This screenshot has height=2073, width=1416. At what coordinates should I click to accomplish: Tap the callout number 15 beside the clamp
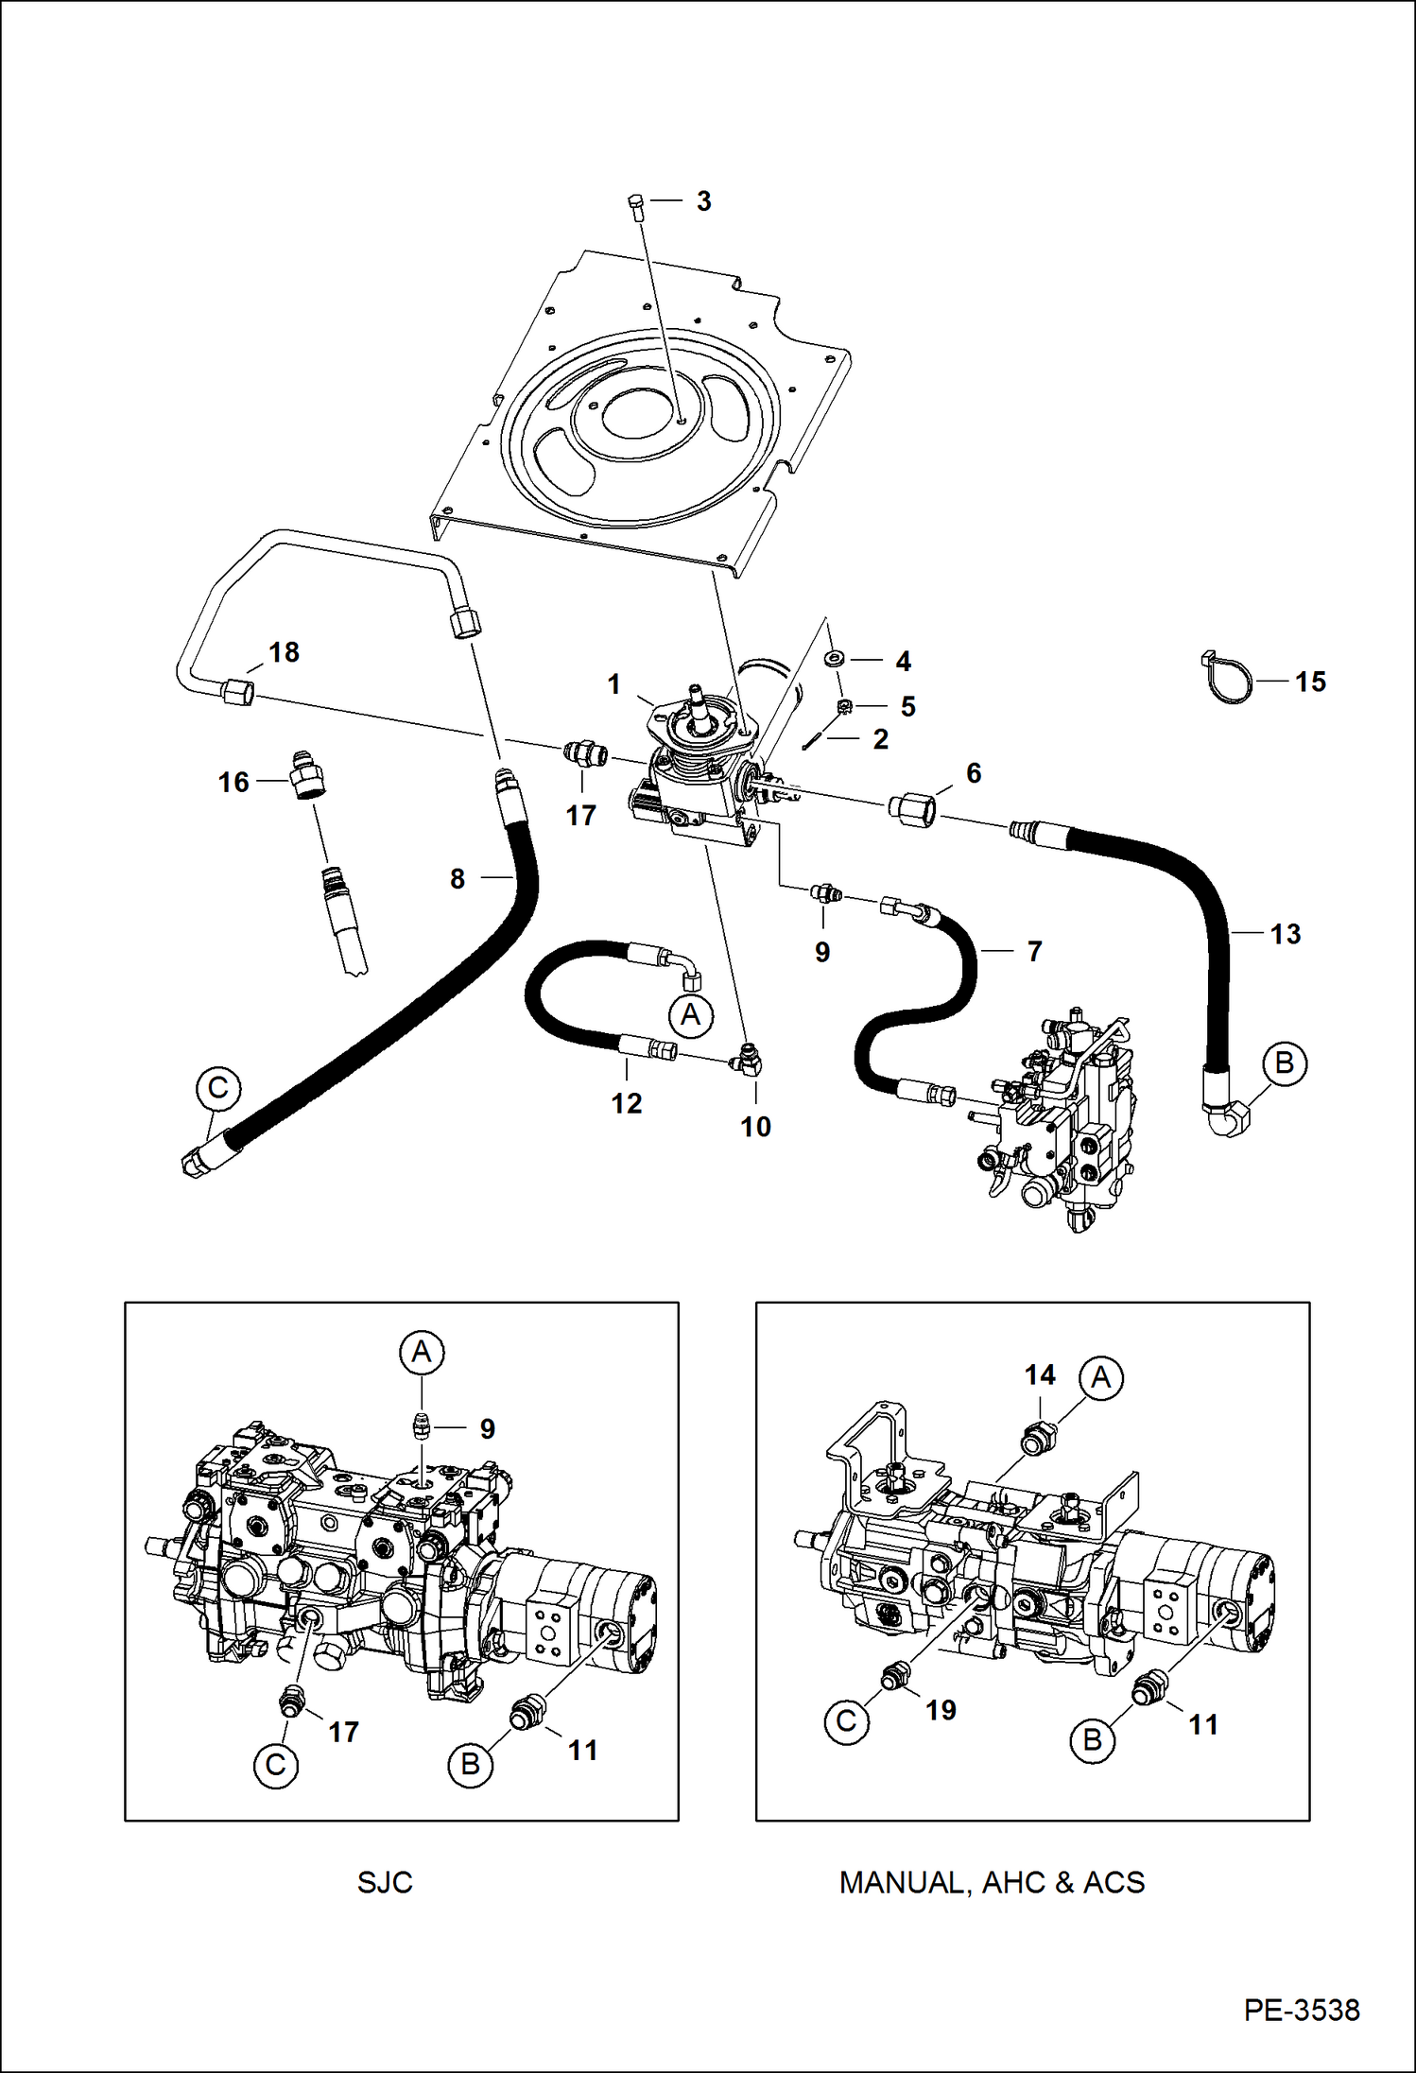point(1310,682)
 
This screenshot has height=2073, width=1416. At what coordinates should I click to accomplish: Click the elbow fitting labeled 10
point(752,1063)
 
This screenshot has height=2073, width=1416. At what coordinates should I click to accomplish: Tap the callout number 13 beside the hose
point(1285,934)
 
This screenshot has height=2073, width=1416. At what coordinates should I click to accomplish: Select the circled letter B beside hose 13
point(1284,1062)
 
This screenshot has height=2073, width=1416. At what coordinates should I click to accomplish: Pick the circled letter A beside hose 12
point(691,1015)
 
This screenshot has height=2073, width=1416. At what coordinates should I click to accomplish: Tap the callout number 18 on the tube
point(284,652)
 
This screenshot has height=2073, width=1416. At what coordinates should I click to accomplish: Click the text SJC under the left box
point(385,1882)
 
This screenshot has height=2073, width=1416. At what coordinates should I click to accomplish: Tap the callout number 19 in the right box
point(941,1709)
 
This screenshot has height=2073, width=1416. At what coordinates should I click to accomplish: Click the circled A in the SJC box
point(422,1352)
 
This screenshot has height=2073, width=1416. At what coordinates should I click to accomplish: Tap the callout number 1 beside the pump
point(613,683)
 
